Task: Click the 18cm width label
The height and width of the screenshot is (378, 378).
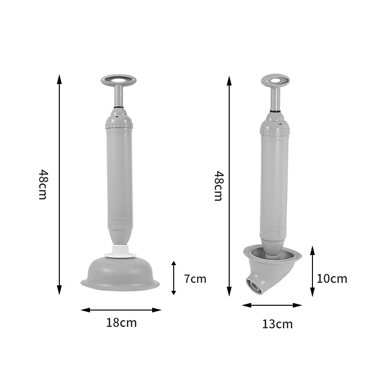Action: tap(121, 322)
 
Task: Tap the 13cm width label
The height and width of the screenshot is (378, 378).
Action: tap(277, 324)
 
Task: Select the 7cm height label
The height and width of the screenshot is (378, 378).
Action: tap(195, 278)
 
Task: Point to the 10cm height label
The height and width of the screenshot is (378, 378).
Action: tap(332, 278)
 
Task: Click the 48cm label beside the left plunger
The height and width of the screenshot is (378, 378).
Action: tap(43, 184)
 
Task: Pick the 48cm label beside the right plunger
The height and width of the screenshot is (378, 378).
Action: tap(218, 186)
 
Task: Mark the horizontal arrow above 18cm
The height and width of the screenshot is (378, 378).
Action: tap(121, 310)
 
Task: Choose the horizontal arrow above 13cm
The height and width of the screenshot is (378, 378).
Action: tap(272, 305)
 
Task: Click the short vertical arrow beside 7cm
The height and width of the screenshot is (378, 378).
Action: tap(174, 278)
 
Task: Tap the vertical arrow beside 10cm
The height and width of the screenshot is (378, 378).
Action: tap(312, 271)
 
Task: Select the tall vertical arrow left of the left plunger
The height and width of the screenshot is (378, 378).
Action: tap(59, 185)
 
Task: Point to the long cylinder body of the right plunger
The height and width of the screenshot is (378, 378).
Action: tap(275, 182)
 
